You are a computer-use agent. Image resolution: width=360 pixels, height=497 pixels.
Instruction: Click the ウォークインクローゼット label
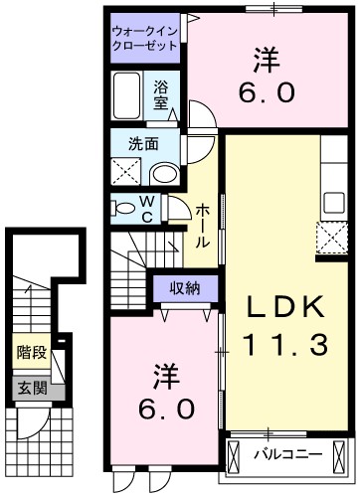145,38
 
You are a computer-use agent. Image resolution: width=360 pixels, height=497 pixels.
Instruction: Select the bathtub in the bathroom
128,99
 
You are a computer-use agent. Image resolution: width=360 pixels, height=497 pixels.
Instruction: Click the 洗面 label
142,143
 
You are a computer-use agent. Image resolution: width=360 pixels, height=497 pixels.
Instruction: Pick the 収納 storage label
185,288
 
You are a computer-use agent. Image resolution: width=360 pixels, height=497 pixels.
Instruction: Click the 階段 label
31,351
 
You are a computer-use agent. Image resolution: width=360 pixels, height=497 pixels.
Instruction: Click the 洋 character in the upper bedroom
266,59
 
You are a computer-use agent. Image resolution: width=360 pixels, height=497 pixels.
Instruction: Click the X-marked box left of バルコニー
235,456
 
